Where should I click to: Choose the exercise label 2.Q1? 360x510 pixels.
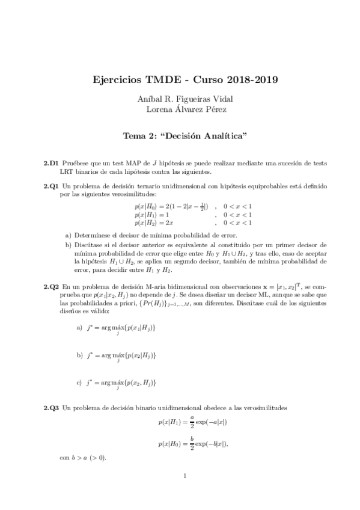coord(50,186)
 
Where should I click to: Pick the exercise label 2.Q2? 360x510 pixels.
coord(50,287)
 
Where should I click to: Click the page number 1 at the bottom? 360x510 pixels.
coord(186,478)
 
